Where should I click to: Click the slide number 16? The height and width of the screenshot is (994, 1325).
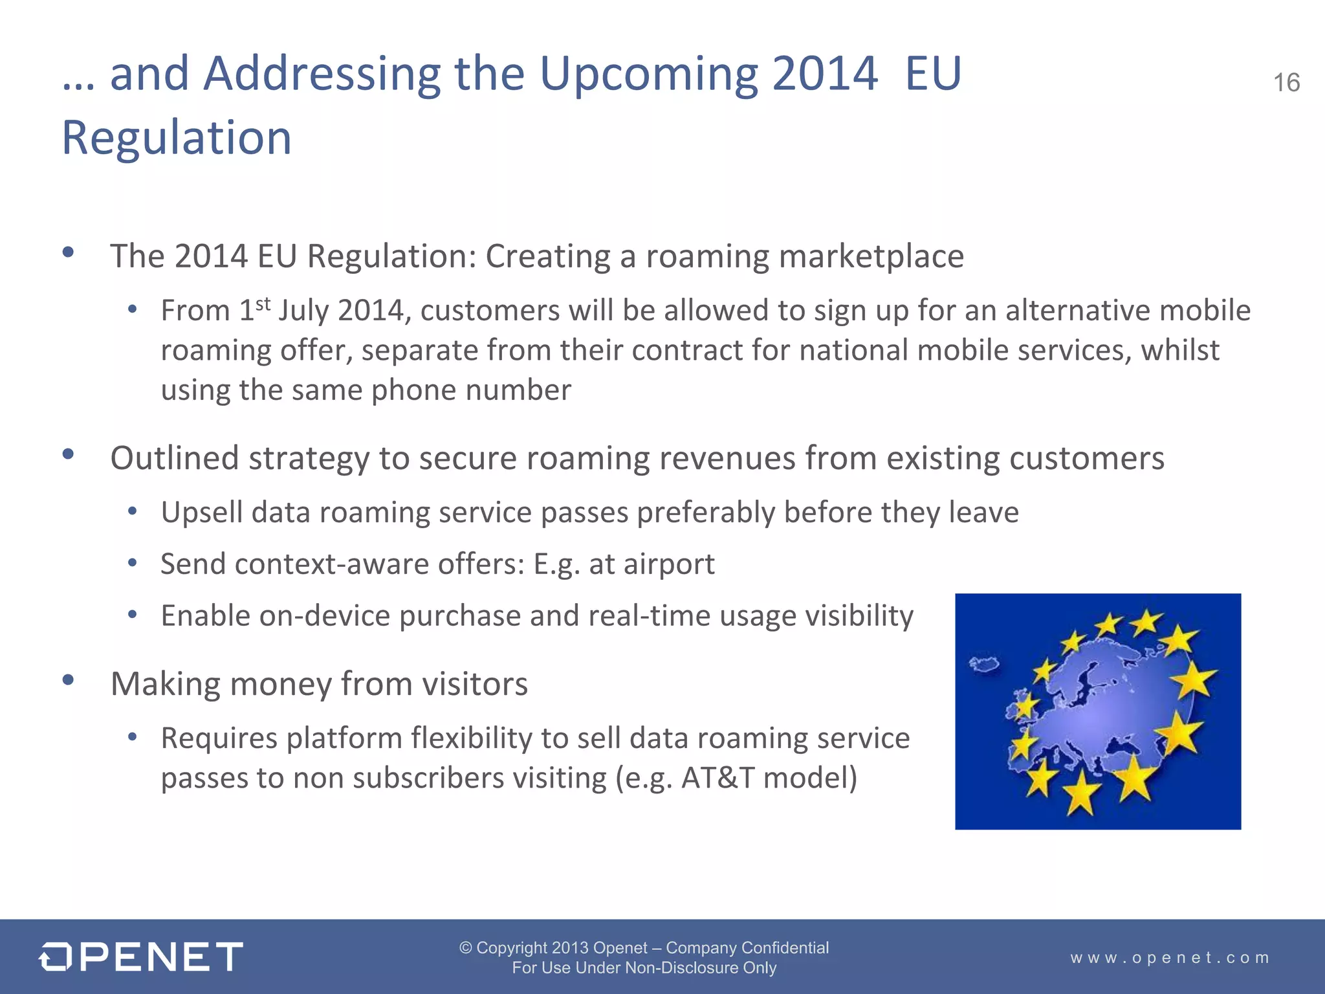(1286, 83)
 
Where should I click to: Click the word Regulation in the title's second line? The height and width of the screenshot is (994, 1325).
(177, 138)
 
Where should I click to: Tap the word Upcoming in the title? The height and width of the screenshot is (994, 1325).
(648, 74)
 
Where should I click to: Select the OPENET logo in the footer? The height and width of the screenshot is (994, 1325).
(141, 956)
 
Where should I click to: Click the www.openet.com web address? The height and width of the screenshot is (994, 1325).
(1170, 957)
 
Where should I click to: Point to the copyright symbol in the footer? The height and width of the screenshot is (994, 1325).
(465, 948)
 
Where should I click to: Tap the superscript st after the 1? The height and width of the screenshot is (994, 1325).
(263, 304)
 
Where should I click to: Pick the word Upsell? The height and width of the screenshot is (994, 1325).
(201, 513)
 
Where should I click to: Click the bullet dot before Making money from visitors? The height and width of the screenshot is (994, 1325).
(69, 680)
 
